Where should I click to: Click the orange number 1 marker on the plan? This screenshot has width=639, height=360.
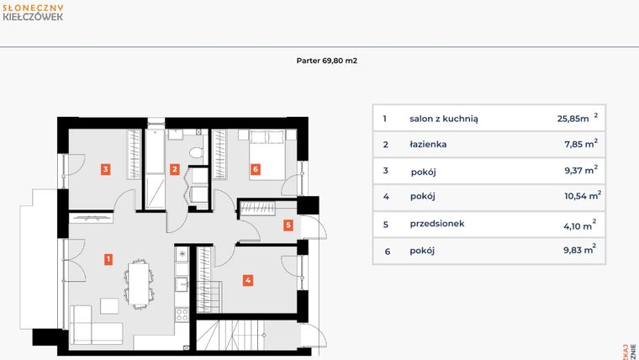(108, 259)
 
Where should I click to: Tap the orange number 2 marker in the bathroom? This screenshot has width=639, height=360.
(175, 169)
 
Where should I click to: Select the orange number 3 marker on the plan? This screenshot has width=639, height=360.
(104, 169)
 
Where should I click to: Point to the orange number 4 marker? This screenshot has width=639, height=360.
(248, 280)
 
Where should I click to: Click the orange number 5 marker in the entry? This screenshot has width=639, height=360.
(288, 225)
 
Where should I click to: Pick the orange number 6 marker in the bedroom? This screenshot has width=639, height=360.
(255, 169)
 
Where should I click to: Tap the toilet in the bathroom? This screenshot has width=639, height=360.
(196, 151)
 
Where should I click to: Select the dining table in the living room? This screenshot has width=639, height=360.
(138, 282)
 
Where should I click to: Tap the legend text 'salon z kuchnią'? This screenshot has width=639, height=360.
(444, 119)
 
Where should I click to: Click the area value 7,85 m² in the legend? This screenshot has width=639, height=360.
(577, 144)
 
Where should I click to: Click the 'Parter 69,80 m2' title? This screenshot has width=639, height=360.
(328, 61)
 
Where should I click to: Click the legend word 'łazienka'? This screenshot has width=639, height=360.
(429, 144)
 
